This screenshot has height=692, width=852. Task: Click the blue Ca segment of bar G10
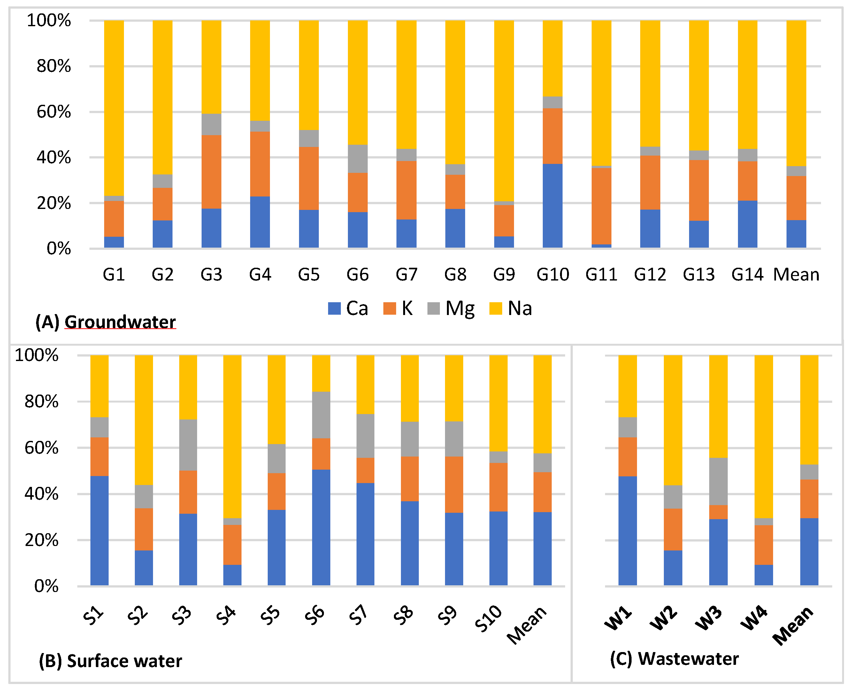pyautogui.click(x=552, y=206)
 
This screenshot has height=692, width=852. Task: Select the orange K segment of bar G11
pyautogui.click(x=601, y=206)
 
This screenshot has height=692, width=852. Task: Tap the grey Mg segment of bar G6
pyautogui.click(x=357, y=159)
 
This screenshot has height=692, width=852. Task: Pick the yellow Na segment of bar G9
pyautogui.click(x=504, y=111)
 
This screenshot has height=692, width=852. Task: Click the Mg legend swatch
pyautogui.click(x=434, y=308)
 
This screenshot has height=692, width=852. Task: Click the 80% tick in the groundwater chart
pyautogui.click(x=54, y=66)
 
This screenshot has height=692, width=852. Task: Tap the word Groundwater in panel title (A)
pyautogui.click(x=120, y=322)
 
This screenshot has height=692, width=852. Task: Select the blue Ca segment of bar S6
pyautogui.click(x=321, y=527)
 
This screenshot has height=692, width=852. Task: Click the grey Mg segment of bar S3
pyautogui.click(x=188, y=445)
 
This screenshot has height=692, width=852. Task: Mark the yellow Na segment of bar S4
pyautogui.click(x=232, y=436)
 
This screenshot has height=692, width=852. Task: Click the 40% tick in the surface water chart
pyautogui.click(x=42, y=494)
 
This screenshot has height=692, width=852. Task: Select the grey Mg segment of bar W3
pyautogui.click(x=718, y=481)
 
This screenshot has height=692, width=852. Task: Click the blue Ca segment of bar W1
pyautogui.click(x=628, y=531)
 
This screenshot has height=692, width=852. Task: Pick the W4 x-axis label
pyautogui.click(x=754, y=618)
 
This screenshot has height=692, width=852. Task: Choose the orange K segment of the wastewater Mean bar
pyautogui.click(x=809, y=499)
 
